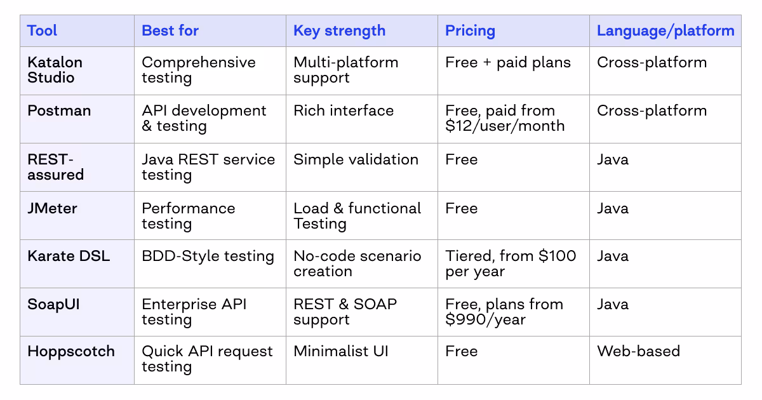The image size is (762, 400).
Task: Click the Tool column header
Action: (42, 30)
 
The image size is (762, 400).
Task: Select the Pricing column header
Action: (470, 30)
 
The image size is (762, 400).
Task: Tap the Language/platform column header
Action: (665, 30)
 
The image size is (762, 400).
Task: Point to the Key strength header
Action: (339, 30)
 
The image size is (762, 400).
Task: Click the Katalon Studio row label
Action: (55, 70)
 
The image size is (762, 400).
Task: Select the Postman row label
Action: (58, 110)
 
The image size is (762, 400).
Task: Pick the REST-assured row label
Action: (55, 166)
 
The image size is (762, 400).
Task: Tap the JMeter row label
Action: (52, 208)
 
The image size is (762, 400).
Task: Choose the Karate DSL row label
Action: (69, 256)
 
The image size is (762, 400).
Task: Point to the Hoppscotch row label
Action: (71, 351)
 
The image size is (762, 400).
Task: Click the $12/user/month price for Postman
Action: (505, 126)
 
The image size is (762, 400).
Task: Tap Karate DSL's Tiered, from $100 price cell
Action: (511, 263)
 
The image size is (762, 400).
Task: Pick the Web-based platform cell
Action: (638, 351)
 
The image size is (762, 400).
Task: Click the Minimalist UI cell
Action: (340, 351)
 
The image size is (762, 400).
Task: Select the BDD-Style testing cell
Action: (208, 256)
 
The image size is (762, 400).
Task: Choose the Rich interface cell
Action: (343, 110)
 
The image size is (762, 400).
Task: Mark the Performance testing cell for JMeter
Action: (188, 216)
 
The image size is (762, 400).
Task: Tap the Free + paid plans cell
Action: (507, 62)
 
